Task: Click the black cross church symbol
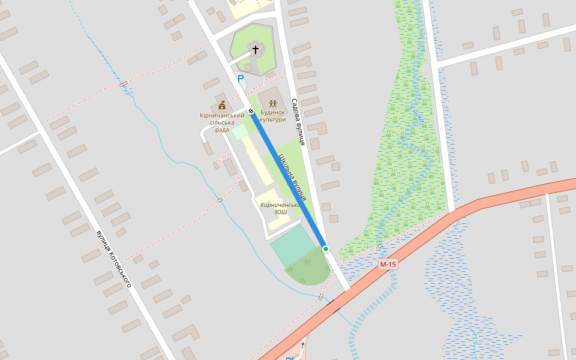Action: (x=256, y=49)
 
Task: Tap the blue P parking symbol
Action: (x=241, y=79)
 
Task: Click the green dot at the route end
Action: (x=326, y=248)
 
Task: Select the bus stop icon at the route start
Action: (x=251, y=112)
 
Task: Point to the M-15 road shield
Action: (x=388, y=264)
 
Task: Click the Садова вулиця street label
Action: (x=298, y=122)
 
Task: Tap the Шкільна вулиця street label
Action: (x=293, y=178)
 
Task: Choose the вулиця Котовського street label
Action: (x=113, y=259)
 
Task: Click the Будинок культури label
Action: (x=273, y=116)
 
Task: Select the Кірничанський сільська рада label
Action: (x=222, y=122)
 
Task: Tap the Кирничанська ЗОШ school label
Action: (x=280, y=208)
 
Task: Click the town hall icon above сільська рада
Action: (x=222, y=105)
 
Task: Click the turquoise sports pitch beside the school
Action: (x=292, y=245)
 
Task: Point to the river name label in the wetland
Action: (x=416, y=114)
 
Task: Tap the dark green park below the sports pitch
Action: (x=309, y=270)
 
